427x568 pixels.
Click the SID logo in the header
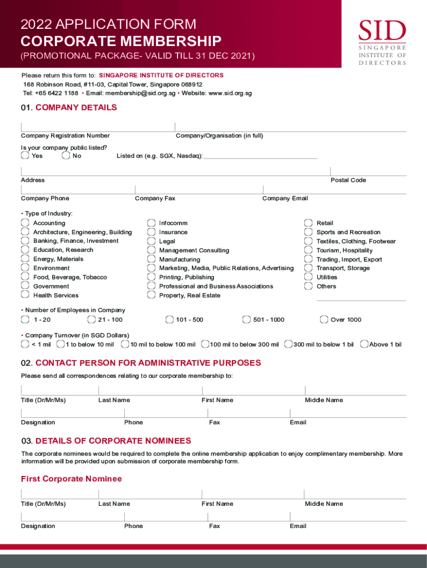(382, 42)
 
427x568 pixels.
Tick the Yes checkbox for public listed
(25, 156)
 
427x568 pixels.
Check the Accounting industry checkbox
(25, 223)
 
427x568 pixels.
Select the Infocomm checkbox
(151, 223)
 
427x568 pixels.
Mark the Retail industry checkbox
(308, 223)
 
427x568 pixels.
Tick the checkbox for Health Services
(25, 295)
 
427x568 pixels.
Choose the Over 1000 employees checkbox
(324, 319)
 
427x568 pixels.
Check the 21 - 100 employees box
(91, 319)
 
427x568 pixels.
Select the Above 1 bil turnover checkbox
(364, 344)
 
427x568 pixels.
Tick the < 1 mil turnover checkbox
(25, 344)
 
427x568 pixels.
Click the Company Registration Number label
(65, 136)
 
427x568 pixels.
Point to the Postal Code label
(348, 180)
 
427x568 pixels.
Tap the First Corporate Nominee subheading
(71, 479)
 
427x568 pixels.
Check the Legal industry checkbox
(151, 241)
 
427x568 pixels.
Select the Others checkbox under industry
(308, 286)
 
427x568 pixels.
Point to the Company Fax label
(155, 199)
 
